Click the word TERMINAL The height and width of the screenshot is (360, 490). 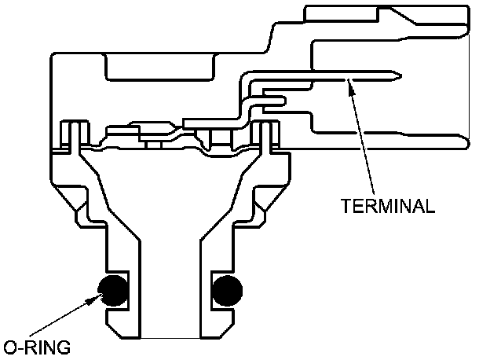[388, 207]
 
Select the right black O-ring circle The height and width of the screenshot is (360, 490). [226, 291]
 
